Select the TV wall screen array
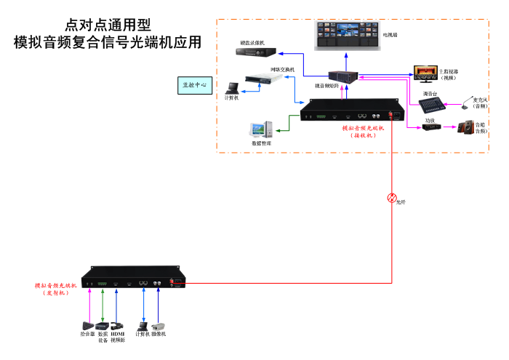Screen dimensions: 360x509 (347, 36)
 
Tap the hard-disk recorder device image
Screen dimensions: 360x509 (259, 52)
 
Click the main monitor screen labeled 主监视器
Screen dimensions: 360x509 (425, 72)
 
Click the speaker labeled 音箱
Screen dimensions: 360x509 (465, 128)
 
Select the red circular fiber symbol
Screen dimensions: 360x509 (391, 198)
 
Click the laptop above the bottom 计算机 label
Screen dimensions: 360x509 (143, 325)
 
